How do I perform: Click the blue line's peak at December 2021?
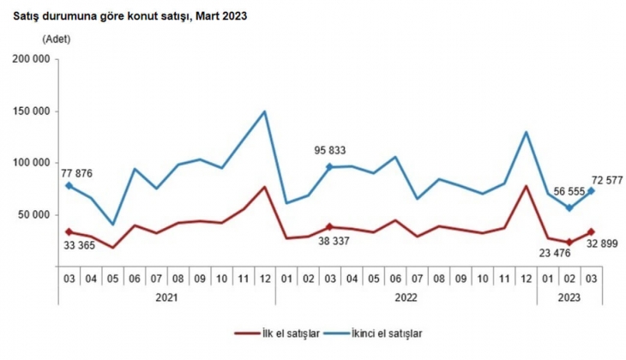tap(264, 111)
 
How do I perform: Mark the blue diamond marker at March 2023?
tap(591, 191)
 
